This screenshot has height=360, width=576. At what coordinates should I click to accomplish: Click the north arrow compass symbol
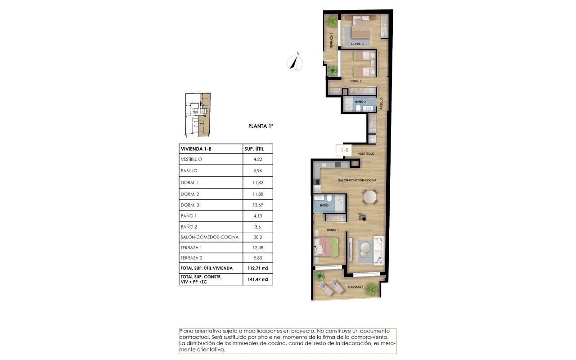tap(295, 62)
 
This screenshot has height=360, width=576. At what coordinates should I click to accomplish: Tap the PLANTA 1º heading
tap(261, 126)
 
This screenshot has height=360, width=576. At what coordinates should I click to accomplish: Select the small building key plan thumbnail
tap(198, 115)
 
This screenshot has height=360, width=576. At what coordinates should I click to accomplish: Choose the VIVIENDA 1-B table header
tap(196, 149)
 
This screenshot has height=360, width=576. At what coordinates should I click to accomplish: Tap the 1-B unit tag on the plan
tap(345, 150)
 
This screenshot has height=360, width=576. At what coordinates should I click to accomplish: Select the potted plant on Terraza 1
tap(372, 288)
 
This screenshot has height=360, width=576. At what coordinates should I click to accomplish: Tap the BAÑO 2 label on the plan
tap(361, 102)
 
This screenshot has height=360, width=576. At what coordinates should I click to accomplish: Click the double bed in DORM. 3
tap(360, 28)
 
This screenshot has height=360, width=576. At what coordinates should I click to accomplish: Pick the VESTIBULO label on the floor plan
tap(366, 154)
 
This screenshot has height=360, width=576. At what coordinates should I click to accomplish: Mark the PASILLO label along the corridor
tap(381, 104)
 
